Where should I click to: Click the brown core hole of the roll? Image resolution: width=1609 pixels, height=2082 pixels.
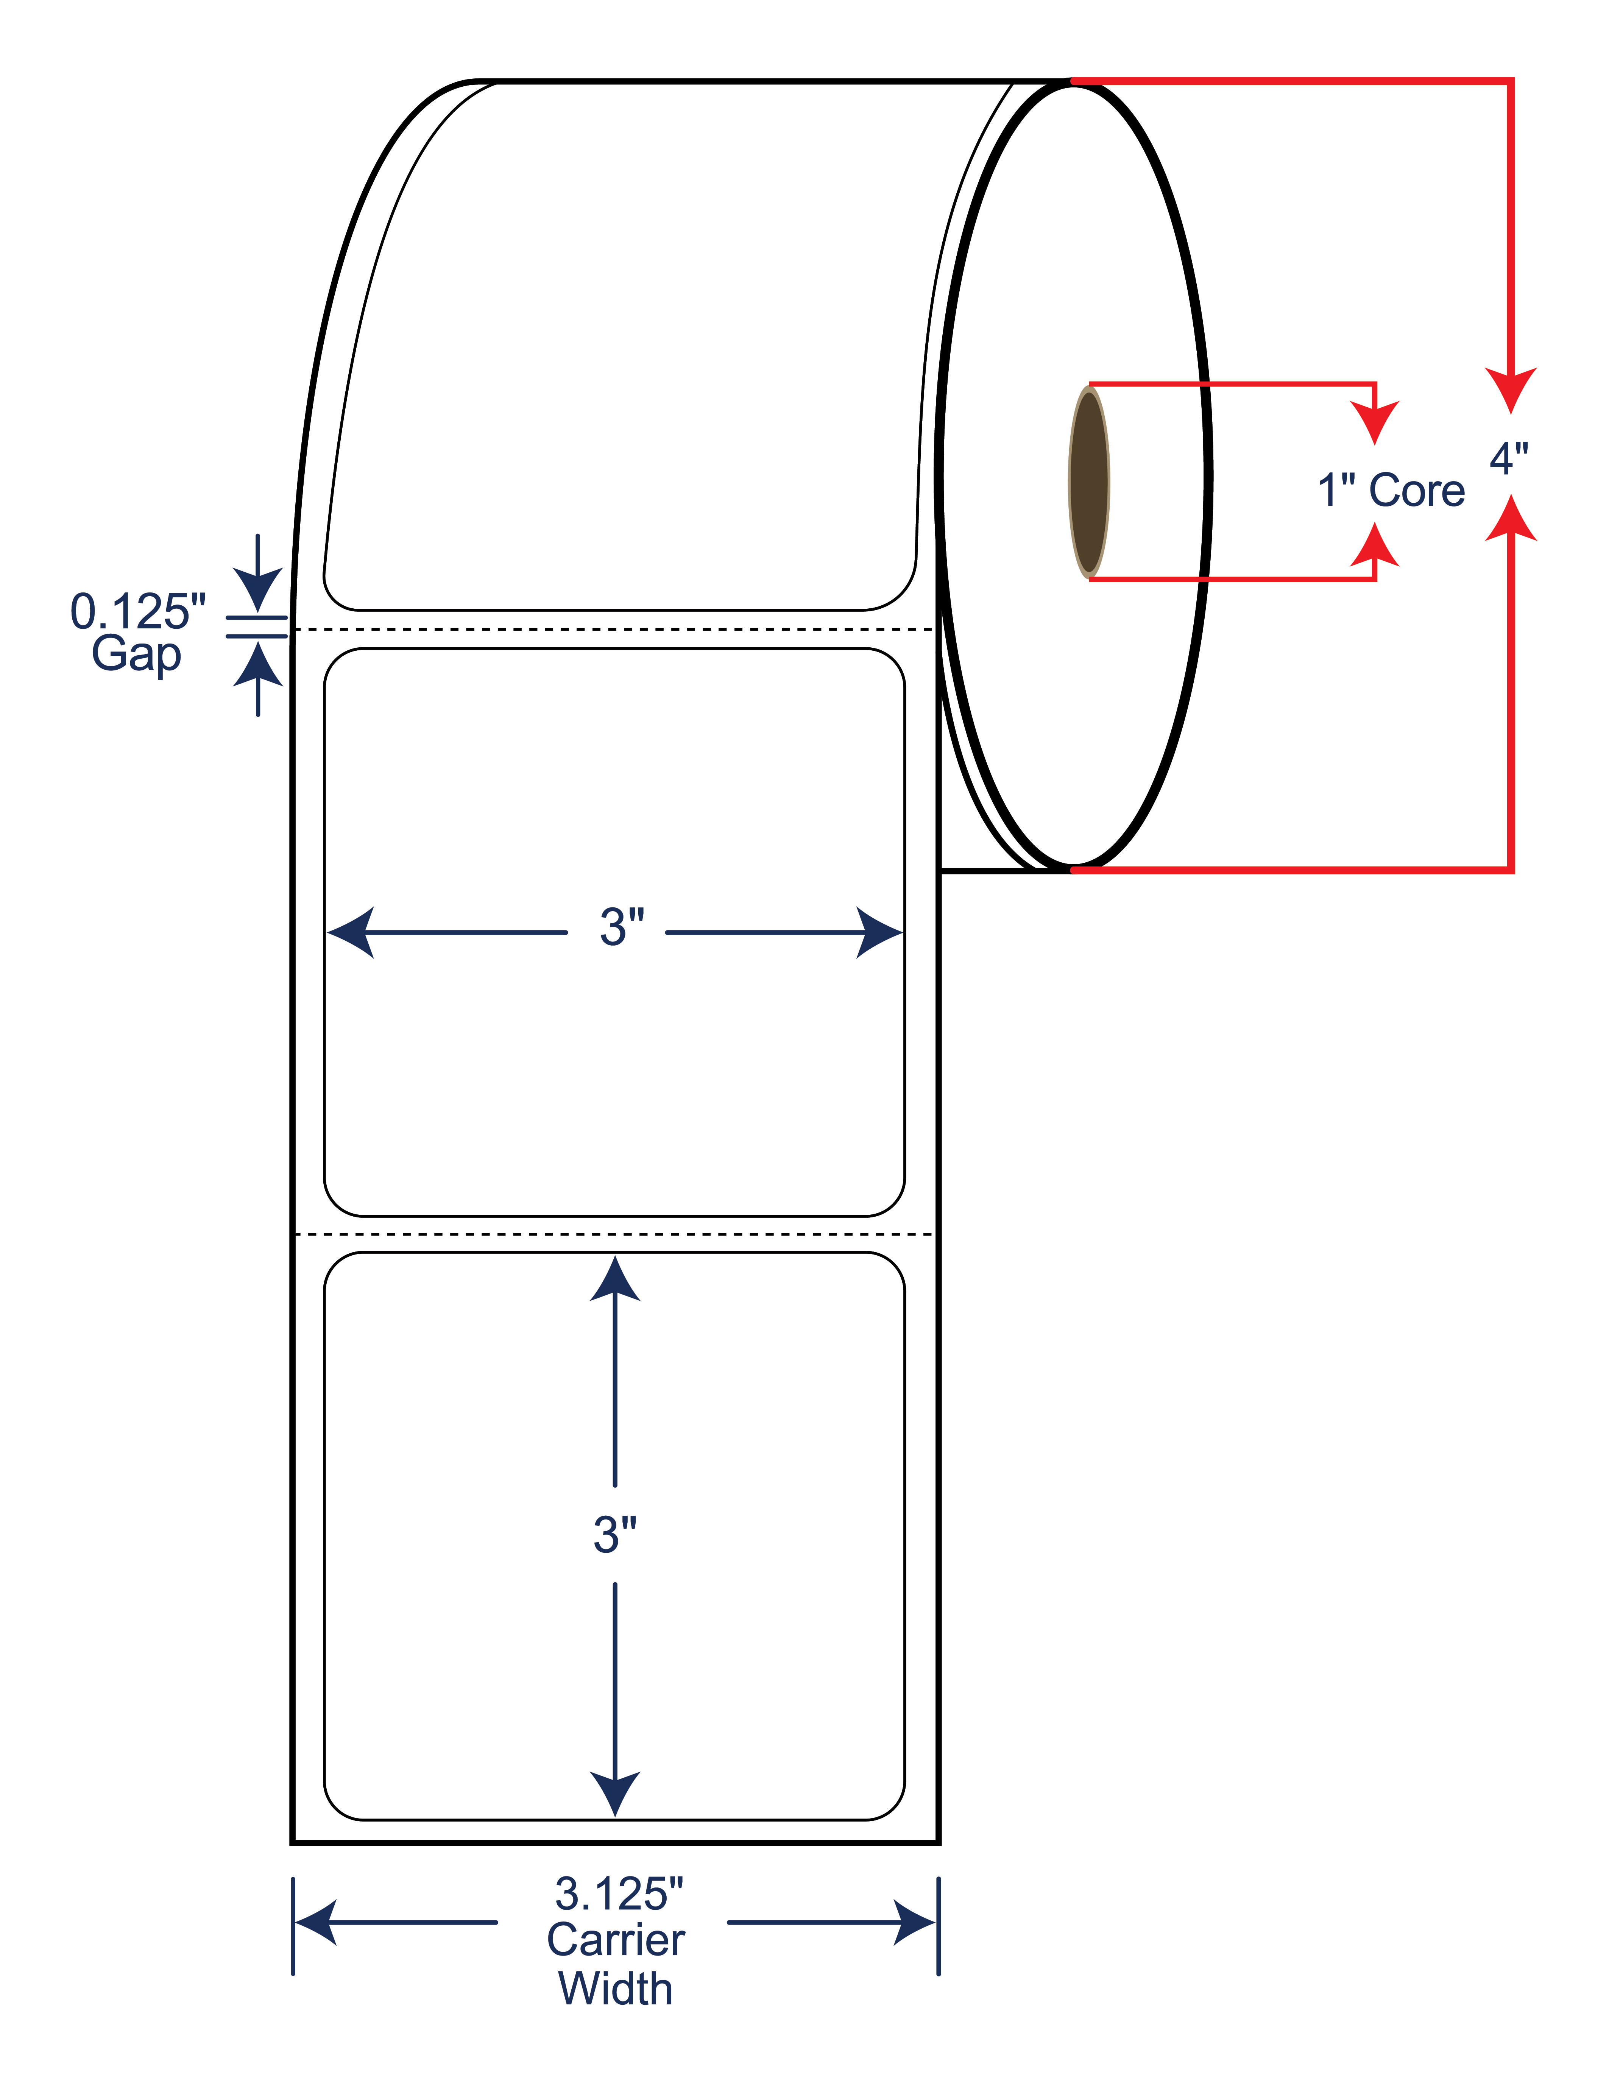(1088, 482)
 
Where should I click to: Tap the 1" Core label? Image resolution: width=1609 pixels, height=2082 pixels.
(1391, 491)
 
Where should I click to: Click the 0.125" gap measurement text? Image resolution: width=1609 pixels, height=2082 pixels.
(138, 611)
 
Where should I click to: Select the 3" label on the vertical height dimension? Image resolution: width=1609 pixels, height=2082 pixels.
(615, 1535)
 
